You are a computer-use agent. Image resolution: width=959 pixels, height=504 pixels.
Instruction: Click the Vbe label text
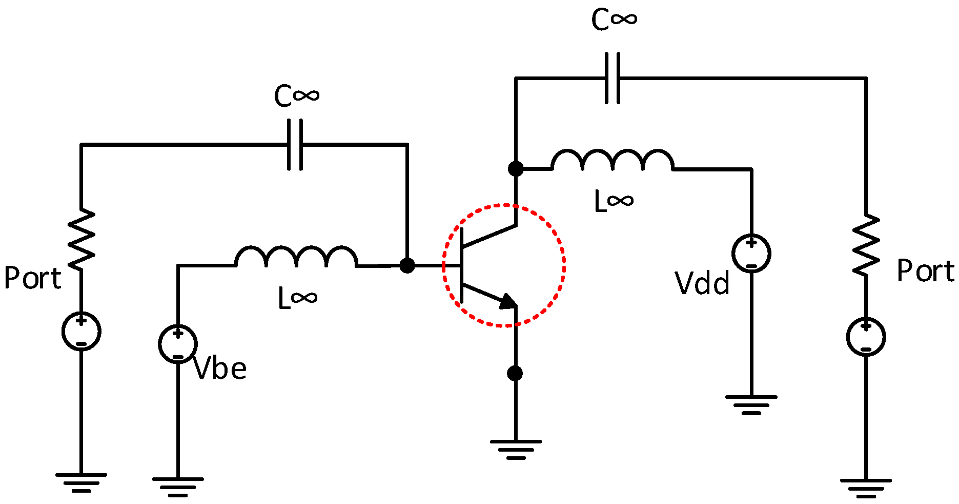pos(220,369)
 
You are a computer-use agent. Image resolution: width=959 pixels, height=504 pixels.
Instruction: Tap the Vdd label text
pos(702,283)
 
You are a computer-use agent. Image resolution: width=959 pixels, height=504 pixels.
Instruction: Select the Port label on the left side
pos(32,278)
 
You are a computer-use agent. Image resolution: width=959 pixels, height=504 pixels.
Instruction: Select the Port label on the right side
pos(926,271)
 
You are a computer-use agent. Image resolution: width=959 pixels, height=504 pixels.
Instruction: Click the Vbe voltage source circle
pos(178,344)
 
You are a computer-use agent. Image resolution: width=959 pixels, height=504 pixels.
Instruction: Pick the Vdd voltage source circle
pos(751,253)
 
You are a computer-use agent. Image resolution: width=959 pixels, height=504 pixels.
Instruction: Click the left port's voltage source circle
pos(81,331)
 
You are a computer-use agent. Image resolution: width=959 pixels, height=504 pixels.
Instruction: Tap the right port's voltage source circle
pos(866,337)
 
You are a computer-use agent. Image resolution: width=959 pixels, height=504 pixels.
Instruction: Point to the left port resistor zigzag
pos(81,239)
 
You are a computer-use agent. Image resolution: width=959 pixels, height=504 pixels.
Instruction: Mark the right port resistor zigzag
pos(866,245)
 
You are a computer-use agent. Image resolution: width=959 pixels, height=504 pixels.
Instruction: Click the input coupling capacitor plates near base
pos(295,145)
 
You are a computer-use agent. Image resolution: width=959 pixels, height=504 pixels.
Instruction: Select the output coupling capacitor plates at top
pos(613,78)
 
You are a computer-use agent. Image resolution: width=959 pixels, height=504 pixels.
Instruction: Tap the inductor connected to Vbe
pos(296,257)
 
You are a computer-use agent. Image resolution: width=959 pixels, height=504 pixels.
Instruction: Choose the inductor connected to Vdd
pos(612,160)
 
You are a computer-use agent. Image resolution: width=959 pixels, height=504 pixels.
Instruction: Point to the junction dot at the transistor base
pos(407,265)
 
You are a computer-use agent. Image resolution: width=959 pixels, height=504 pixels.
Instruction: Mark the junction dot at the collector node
pos(516,168)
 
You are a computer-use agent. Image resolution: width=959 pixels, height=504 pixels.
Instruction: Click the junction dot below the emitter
pos(515,373)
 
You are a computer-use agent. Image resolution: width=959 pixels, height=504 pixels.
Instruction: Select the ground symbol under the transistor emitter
pos(515,449)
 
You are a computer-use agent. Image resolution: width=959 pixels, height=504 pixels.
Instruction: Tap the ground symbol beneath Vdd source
pos(751,404)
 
